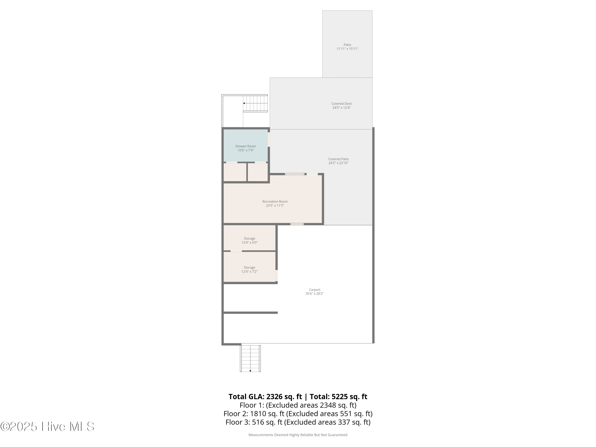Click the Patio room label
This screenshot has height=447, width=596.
347,45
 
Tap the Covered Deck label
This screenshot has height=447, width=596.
341,104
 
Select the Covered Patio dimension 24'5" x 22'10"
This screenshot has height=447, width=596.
338,163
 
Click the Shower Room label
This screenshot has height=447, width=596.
246,146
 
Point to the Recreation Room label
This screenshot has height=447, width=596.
275,201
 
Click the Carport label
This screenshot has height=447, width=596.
314,290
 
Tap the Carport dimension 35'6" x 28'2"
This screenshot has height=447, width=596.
314,294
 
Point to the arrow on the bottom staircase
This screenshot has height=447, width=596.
250,371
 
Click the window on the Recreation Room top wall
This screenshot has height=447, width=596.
295,174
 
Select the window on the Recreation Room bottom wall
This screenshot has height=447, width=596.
297,224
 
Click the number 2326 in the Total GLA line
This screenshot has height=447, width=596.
274,397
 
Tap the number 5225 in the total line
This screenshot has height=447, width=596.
340,397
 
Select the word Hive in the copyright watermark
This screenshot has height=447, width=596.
54,427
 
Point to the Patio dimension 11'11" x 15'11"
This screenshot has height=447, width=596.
347,49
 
